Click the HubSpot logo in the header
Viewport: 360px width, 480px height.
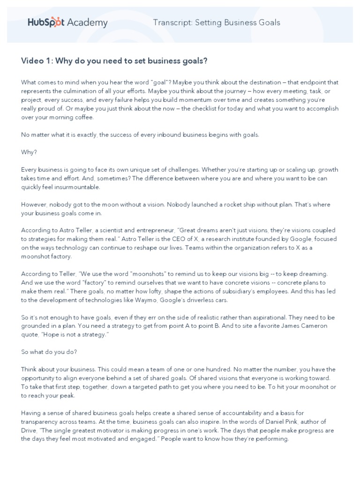[45, 22]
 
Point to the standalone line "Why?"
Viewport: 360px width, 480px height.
[28, 152]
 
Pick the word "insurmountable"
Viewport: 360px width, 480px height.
[76, 187]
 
